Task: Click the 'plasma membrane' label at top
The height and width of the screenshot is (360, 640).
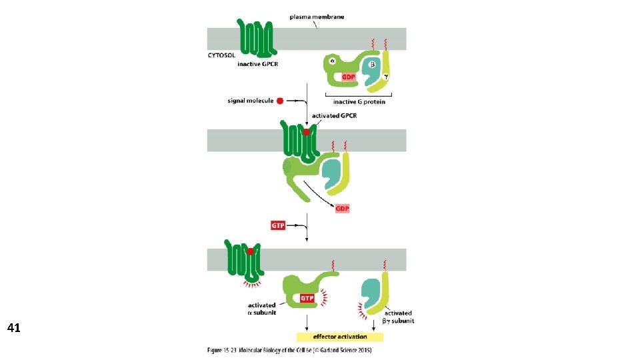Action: tap(317, 17)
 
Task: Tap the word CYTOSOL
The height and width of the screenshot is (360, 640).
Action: tap(223, 57)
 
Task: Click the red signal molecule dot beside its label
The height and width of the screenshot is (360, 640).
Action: tap(280, 101)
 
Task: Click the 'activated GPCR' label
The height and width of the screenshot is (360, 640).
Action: tap(335, 116)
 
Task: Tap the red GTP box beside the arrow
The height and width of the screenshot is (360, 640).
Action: tap(278, 225)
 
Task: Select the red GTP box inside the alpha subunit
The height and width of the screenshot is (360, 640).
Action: tap(307, 298)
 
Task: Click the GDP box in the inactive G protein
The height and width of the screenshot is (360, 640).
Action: tap(349, 77)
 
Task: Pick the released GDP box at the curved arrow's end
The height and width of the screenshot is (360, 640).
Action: tap(342, 209)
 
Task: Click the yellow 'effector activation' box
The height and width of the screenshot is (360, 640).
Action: tap(340, 336)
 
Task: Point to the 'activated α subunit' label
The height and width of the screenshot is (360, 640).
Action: tap(262, 309)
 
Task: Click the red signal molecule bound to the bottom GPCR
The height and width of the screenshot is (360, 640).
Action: tap(250, 251)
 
